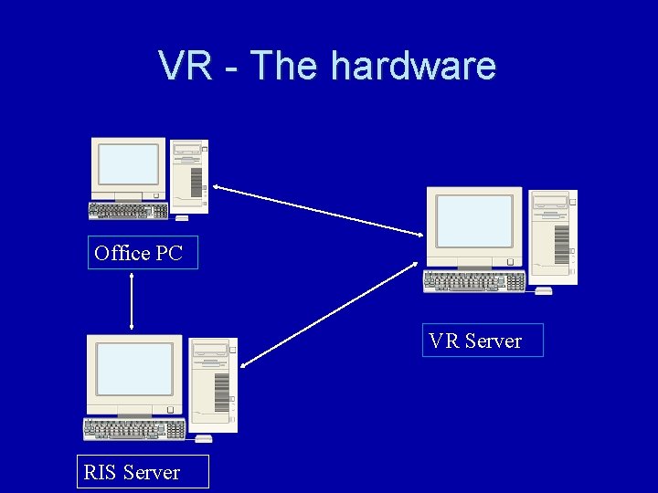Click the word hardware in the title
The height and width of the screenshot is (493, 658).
[413, 66]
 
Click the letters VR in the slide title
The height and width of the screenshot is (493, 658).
[186, 66]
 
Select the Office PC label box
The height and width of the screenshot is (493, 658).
[143, 253]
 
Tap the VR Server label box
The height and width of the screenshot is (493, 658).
[482, 341]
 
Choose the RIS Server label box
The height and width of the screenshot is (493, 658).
[142, 472]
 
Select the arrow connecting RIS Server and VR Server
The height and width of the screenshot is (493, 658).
[331, 314]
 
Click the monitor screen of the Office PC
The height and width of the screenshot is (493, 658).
[128, 164]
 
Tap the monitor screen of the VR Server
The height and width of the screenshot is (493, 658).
[473, 221]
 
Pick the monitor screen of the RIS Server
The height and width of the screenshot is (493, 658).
[134, 369]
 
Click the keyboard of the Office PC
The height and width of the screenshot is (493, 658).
[128, 211]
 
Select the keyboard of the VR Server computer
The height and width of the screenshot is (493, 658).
[473, 281]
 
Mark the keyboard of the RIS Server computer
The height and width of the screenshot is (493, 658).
[133, 428]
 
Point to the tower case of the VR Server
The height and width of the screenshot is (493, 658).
[554, 236]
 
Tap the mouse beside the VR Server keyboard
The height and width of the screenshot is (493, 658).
[543, 290]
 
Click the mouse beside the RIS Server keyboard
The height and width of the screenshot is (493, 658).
[203, 438]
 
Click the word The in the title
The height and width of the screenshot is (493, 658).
[285, 66]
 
